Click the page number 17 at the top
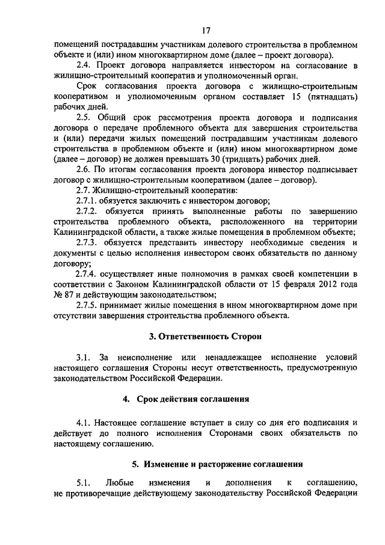(206, 30)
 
